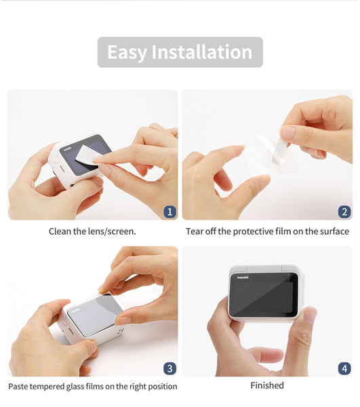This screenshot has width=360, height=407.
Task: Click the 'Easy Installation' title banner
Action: coord(180,52)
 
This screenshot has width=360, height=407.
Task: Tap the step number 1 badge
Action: coord(169,212)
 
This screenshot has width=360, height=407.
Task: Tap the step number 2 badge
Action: coord(344,212)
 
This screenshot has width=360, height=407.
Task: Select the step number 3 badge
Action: coord(169,368)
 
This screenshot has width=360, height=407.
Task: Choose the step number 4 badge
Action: coord(344,368)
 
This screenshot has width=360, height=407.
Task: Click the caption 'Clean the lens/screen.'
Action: coord(92,231)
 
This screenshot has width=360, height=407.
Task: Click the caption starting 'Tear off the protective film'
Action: coord(267,231)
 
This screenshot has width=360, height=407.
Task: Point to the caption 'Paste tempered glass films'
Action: coord(92,386)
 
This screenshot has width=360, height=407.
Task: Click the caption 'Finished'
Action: coord(267,385)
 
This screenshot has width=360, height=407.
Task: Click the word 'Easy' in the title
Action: coord(127,52)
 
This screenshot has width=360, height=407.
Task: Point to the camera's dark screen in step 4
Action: coord(263,294)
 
